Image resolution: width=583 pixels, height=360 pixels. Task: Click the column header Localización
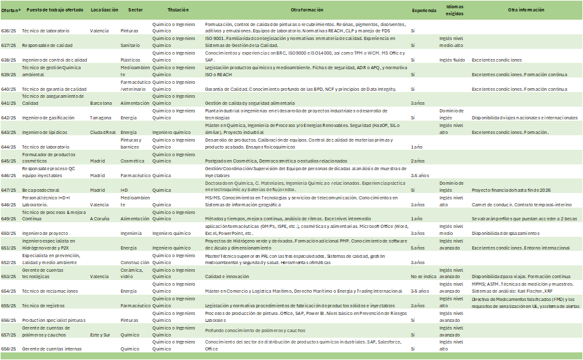pyautogui.click(x=105, y=10)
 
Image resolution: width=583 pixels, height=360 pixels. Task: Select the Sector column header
pyautogui.click(x=135, y=10)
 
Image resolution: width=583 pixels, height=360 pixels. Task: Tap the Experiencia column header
pyautogui.click(x=424, y=10)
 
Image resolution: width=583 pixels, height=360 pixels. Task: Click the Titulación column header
pyautogui.click(x=178, y=10)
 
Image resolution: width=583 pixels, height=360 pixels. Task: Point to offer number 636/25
pyautogui.click(x=10, y=30)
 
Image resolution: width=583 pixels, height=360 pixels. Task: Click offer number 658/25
pyautogui.click(x=10, y=349)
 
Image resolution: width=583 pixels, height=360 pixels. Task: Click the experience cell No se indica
pyautogui.click(x=424, y=276)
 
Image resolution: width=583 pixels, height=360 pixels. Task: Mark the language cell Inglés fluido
pyautogui.click(x=452, y=60)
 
